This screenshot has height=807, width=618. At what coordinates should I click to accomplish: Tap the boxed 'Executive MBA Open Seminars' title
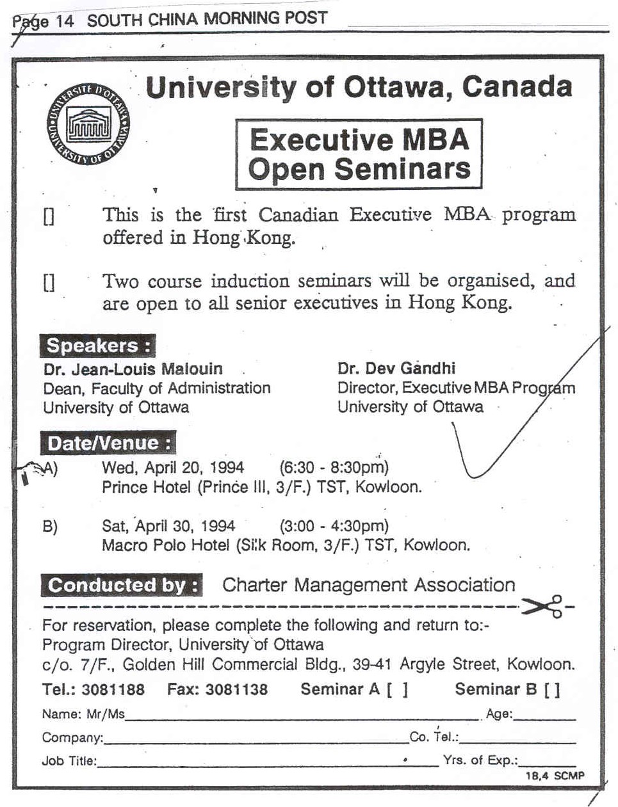click(359, 154)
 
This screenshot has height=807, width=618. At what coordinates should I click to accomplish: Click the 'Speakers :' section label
click(99, 346)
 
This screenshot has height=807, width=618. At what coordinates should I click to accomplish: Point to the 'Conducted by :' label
click(122, 585)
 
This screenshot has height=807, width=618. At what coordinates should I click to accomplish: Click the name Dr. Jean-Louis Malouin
click(133, 369)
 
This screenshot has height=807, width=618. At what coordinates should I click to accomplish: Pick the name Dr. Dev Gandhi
click(396, 369)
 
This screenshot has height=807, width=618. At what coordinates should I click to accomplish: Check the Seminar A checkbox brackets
click(397, 690)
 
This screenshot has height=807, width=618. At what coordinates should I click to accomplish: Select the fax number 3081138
click(236, 689)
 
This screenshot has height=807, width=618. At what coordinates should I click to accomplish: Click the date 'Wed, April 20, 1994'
click(173, 468)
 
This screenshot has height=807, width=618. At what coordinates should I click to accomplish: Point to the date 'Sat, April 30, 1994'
click(168, 526)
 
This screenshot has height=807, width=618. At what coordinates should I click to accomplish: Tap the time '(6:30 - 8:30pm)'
click(334, 468)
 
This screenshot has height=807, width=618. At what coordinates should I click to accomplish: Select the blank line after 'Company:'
click(256, 740)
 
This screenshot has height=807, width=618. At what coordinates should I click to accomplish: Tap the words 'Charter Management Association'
click(368, 585)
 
